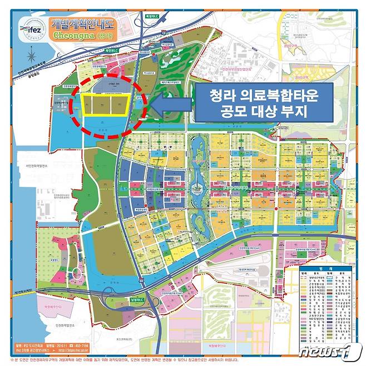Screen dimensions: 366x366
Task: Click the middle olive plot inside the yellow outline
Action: tap(102, 105)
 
